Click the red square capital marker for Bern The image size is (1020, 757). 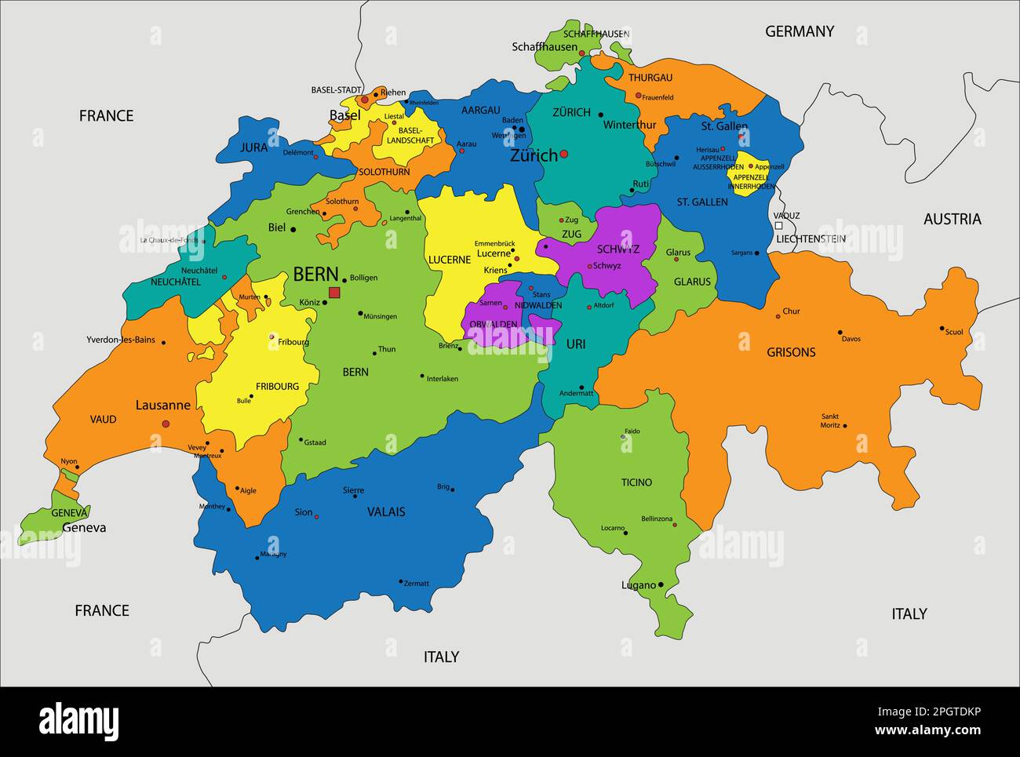click(x=334, y=293)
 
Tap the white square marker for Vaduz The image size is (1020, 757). click(x=778, y=225)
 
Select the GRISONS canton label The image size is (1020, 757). click(x=791, y=352)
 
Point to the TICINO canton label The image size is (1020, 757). click(x=636, y=482)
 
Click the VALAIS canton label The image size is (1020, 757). click(x=386, y=511)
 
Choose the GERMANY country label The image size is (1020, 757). click(x=799, y=31)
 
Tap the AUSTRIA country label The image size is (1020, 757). click(x=952, y=219)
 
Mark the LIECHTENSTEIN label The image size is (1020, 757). click(x=811, y=238)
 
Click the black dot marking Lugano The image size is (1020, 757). click(x=661, y=584)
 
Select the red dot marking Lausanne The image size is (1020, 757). click(x=166, y=424)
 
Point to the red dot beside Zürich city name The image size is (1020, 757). click(x=563, y=154)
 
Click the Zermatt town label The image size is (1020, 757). click(x=417, y=583)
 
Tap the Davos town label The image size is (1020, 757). click(x=851, y=339)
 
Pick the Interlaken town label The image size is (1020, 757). click(x=443, y=379)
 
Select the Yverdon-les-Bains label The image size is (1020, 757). click(x=121, y=340)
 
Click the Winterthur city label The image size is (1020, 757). click(x=629, y=125)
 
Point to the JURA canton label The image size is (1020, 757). click(x=253, y=147)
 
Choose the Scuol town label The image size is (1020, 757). click(x=954, y=332)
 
